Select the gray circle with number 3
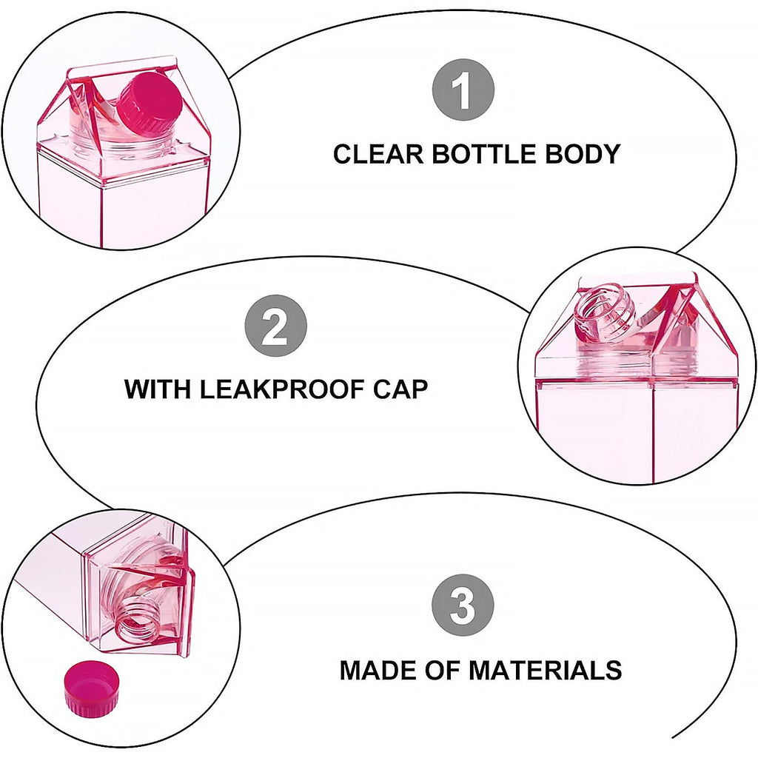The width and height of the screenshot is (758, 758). (x=463, y=608)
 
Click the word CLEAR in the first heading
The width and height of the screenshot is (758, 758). (x=378, y=154)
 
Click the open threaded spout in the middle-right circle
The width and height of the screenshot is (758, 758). (x=604, y=315)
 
